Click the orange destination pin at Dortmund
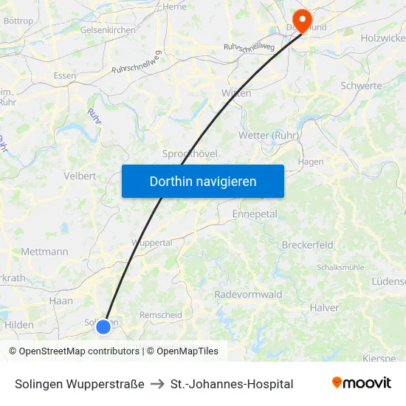302,20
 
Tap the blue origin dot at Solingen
103,326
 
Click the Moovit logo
361,383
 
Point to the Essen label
65,75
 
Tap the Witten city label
236,93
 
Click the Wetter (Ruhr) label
269,135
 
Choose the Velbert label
80,176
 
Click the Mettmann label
44,251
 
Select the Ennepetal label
254,214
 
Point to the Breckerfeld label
307,244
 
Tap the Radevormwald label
248,295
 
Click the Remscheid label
161,314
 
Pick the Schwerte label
361,86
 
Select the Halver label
325,308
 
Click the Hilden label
19,325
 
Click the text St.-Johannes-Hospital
232,384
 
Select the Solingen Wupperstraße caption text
80,384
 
